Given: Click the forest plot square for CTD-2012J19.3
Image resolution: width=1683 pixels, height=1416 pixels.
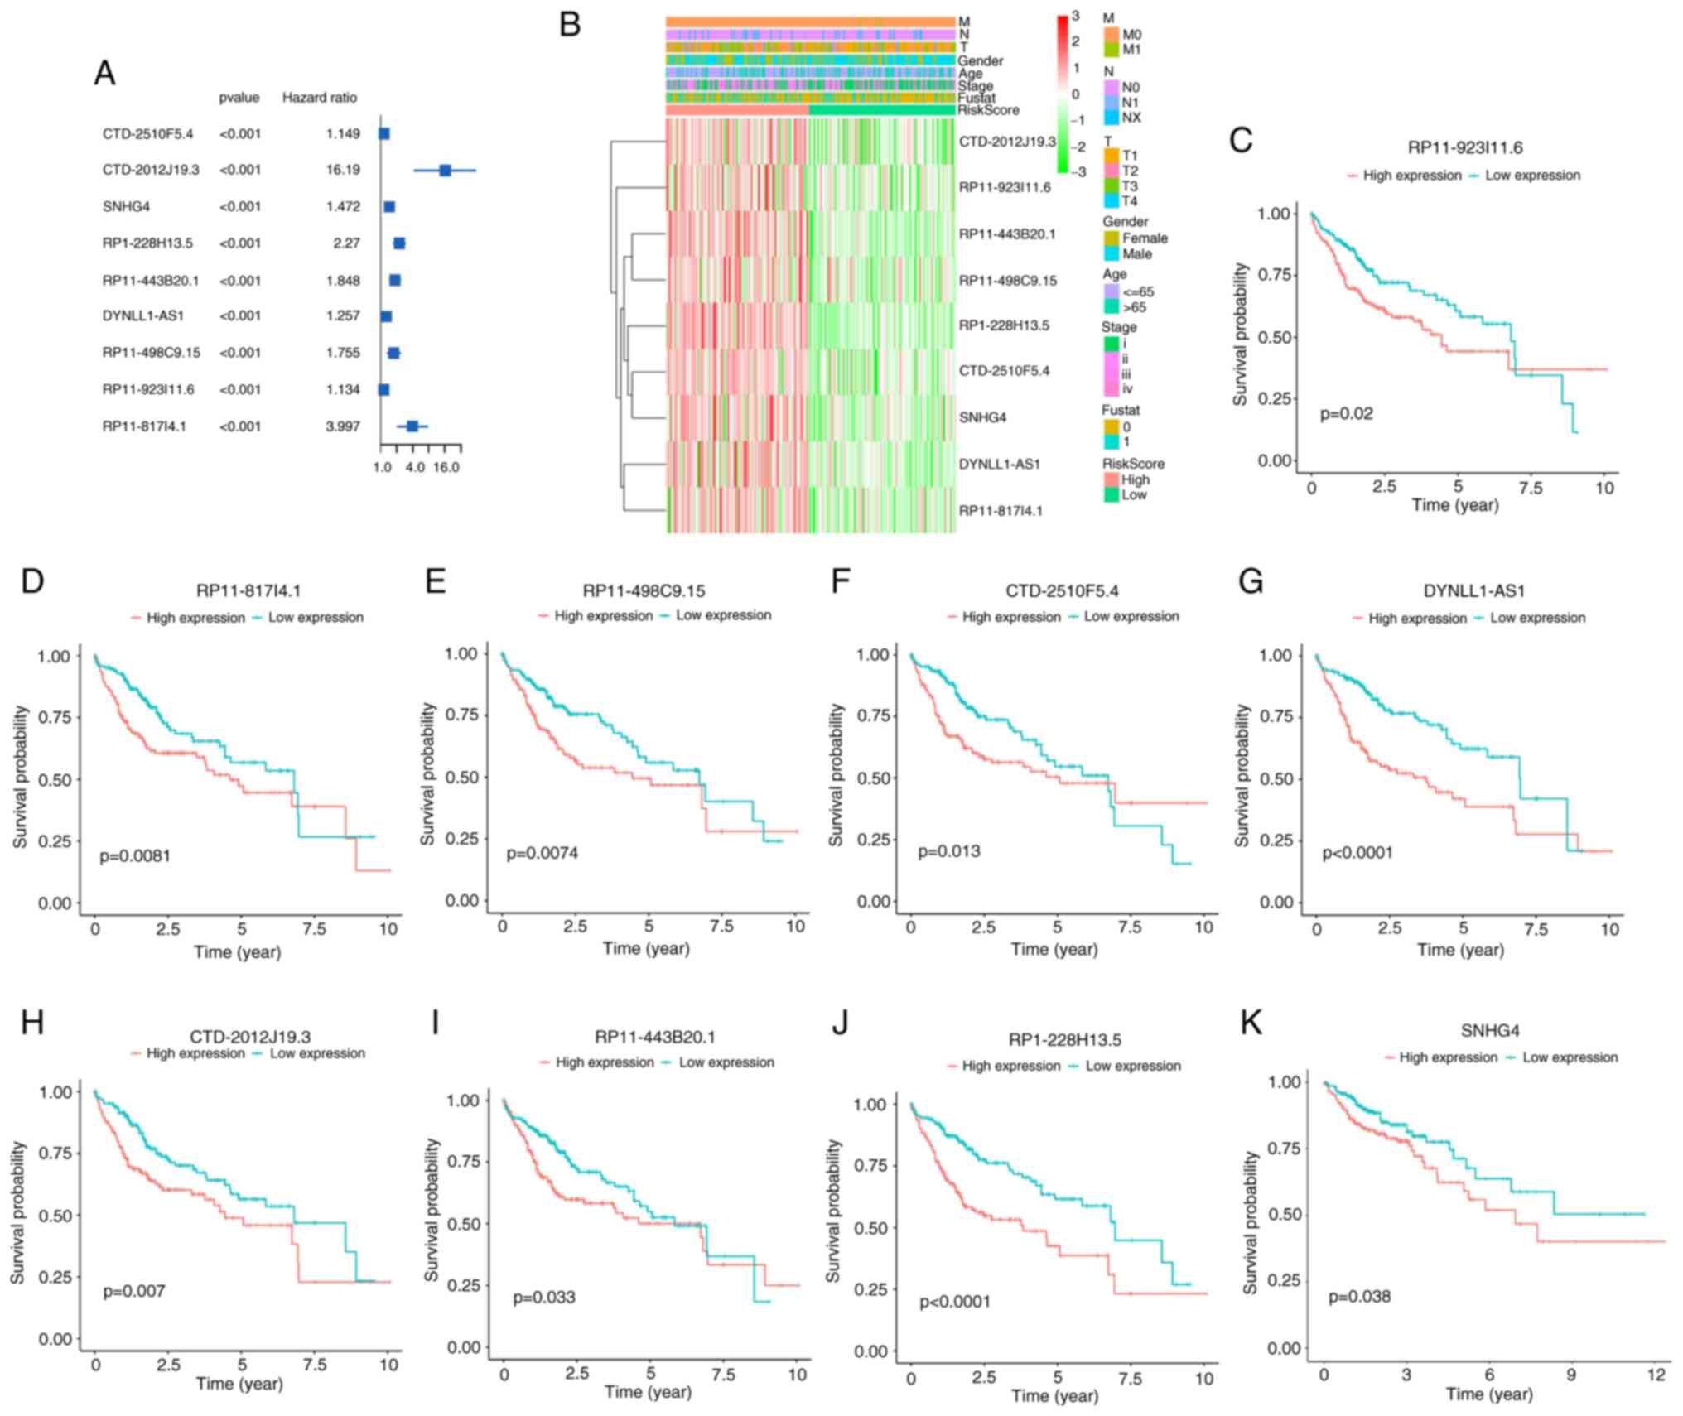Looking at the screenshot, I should click(x=445, y=170).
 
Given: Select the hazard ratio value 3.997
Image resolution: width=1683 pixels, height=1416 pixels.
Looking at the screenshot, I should click(x=343, y=426).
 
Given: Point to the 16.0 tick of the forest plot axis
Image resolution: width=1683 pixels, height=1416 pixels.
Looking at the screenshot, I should click(x=446, y=467).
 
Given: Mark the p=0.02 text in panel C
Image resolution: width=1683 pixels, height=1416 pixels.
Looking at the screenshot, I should click(x=1346, y=413).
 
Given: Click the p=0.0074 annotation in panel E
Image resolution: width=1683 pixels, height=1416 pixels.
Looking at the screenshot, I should click(x=543, y=852).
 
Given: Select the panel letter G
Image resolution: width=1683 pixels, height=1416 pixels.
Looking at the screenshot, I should click(x=1251, y=582).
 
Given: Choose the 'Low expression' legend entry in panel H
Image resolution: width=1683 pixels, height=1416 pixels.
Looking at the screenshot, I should click(x=317, y=1053).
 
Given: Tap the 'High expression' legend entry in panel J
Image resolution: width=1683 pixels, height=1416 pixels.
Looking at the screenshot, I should click(x=1010, y=1066).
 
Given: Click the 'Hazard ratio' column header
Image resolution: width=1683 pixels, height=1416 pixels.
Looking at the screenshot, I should click(x=320, y=98).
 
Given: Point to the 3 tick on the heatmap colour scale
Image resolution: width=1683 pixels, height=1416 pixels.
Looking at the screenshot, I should click(x=1075, y=16).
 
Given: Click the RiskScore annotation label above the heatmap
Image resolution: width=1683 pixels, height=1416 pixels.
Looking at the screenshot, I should click(x=988, y=110).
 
